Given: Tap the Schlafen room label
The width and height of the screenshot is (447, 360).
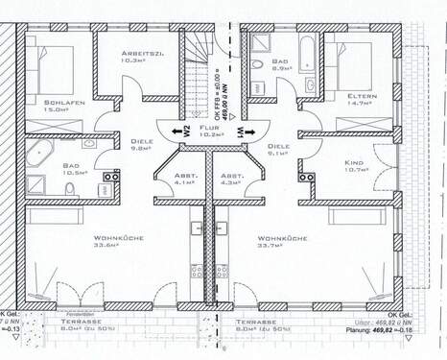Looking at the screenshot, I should (x=63, y=101).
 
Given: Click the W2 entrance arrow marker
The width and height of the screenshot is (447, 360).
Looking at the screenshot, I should (x=176, y=132).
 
